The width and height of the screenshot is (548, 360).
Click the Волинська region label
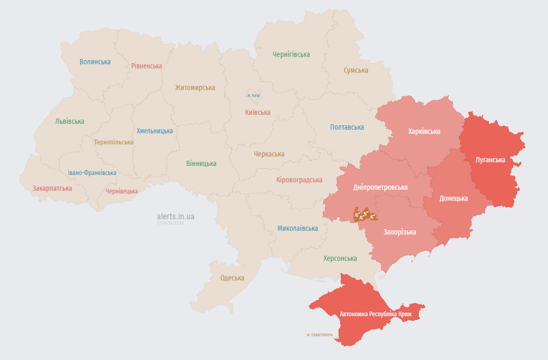tap(95, 62)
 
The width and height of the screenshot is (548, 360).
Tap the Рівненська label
tap(147, 66)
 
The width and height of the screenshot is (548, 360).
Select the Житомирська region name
tap(195, 87)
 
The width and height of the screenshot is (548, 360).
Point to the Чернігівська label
tap(291, 54)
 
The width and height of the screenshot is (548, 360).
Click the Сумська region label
tap(355, 70)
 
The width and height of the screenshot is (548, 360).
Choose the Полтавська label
tap(347, 127)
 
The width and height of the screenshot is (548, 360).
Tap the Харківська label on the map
tap(424, 131)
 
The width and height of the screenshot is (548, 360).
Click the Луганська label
tap(490, 160)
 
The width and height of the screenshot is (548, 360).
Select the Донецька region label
tap(454, 198)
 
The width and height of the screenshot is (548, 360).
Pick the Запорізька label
tap(399, 232)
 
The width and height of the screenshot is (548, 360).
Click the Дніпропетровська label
tap(380, 187)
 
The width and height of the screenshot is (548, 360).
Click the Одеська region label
tap(232, 278)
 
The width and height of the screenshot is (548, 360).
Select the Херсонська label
tap(340, 258)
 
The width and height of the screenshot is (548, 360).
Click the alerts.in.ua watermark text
tap(176, 216)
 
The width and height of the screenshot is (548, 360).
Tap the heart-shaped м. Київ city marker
tap(253, 95)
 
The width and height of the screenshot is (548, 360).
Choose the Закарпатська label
tap(52, 188)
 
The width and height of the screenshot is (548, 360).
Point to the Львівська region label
tap(70, 121)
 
